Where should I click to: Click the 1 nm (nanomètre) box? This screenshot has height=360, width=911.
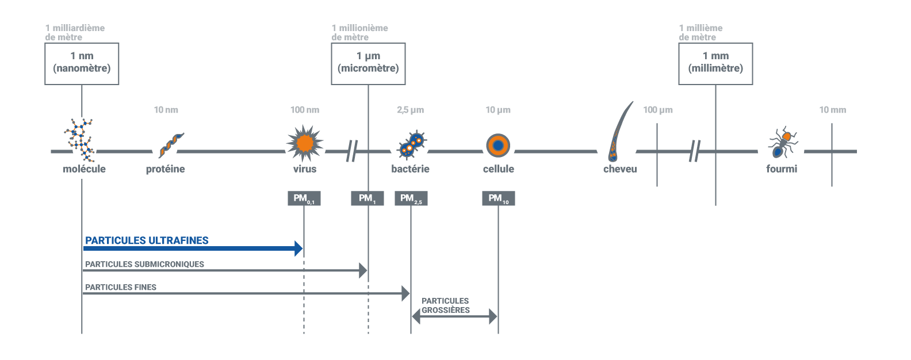(x=82, y=63)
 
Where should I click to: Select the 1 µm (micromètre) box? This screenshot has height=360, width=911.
(x=368, y=63)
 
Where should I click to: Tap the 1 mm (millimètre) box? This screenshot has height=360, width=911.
(x=715, y=63)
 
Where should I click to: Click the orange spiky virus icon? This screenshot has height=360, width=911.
(x=305, y=143)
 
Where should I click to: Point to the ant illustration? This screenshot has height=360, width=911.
(x=782, y=143)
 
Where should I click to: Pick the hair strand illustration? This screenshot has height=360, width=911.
(x=619, y=132)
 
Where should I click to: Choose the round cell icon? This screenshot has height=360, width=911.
(x=498, y=145)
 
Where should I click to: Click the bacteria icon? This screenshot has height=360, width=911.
(x=411, y=144)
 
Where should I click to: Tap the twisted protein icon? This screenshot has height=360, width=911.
(x=170, y=144)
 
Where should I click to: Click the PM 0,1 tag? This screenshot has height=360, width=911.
(x=304, y=198)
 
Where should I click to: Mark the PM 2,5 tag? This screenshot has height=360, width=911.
(x=411, y=198)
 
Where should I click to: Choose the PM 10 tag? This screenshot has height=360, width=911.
(x=498, y=198)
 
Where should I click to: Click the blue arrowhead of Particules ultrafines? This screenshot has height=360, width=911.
(x=298, y=248)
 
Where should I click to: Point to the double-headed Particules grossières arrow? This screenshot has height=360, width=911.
(x=454, y=316)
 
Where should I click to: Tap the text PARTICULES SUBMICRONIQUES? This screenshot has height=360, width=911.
(x=144, y=264)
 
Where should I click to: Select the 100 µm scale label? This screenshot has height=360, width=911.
(x=658, y=110)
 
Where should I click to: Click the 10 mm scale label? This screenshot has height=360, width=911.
(x=832, y=110)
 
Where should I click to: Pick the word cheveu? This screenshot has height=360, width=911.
(x=620, y=169)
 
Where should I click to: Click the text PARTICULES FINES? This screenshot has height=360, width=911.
(x=121, y=287)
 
